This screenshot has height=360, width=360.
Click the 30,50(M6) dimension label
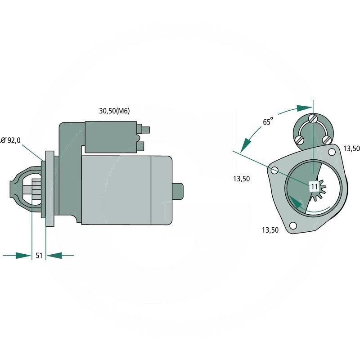(114, 111)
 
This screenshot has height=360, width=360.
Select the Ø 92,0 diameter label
(11, 140)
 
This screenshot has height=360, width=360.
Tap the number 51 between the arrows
(39, 255)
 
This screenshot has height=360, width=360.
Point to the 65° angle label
(268, 121)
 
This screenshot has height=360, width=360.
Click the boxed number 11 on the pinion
(314, 185)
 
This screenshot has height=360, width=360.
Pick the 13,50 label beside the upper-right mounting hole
(351, 148)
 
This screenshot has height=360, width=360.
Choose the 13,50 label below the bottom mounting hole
(270, 230)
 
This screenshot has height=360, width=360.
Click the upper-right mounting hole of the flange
(332, 152)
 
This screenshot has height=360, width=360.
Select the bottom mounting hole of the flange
(293, 225)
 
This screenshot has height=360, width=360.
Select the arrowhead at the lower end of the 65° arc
(245, 145)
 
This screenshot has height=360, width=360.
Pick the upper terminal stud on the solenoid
(146, 130)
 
